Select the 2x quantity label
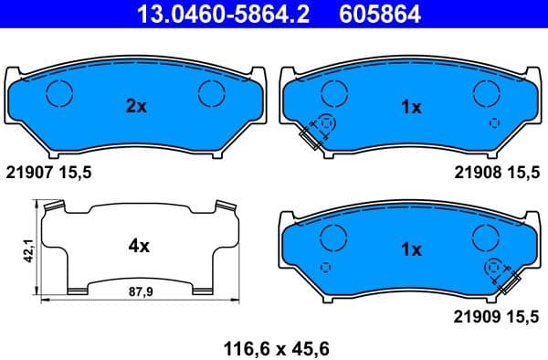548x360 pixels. tap(135, 107)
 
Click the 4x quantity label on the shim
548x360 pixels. tap(137, 246)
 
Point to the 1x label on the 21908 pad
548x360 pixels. tap(411, 107)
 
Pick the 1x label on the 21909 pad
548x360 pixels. tap(410, 249)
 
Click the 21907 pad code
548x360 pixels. tap(32, 172)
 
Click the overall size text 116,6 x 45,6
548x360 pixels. tap(276, 347)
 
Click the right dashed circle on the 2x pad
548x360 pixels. tap(212, 92)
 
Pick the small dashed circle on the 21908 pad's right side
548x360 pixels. tap(494, 123)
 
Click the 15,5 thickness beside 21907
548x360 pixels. tap(76, 172)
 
